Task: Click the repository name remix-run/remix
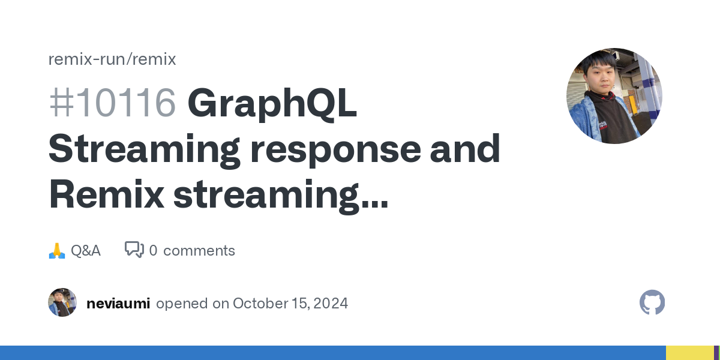112,59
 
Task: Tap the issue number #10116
113,103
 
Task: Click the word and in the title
465,149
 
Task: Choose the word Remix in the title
106,194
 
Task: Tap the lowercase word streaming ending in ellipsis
281,197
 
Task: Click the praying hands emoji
57,251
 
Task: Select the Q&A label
86,251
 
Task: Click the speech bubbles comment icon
134,250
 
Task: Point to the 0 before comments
154,251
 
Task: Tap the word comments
199,251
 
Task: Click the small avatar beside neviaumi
62,302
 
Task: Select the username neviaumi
118,304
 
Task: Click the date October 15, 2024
290,304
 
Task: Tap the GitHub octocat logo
652,302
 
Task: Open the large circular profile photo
614,96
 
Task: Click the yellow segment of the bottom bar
690,353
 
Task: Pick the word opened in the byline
182,304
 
